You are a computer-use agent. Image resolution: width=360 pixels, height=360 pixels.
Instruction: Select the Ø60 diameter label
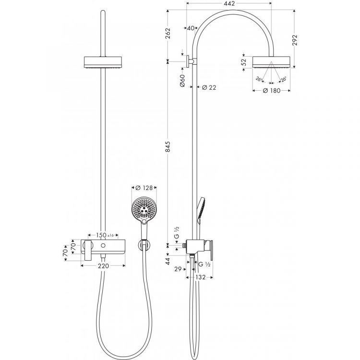coord(182,81)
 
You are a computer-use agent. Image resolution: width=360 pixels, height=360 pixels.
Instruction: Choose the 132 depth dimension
coord(201,277)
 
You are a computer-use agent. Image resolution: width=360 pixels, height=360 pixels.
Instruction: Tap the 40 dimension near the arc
coord(191,28)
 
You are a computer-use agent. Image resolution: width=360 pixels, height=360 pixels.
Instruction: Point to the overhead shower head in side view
coord(272,62)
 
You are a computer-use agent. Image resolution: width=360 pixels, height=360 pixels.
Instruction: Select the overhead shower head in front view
coord(103,62)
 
